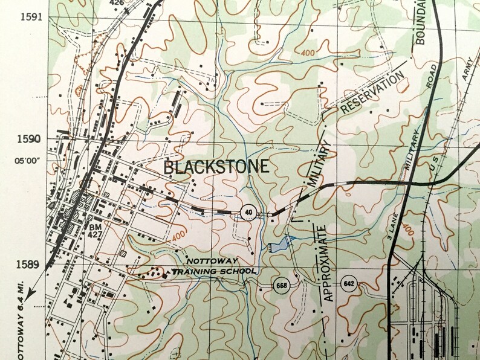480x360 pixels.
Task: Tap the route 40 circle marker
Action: [247, 212]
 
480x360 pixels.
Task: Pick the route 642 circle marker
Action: [348, 284]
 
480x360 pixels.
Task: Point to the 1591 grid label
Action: [31, 16]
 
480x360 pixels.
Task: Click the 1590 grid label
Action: [31, 139]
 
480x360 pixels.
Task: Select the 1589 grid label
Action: [31, 264]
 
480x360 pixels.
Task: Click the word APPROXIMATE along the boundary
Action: [326, 263]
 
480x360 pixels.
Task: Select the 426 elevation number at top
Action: [116, 2]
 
